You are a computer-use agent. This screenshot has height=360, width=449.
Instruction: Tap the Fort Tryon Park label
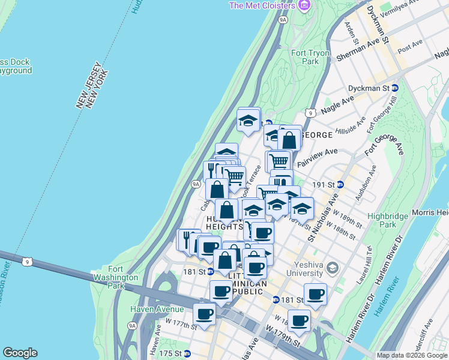pyautogui.click(x=310, y=57)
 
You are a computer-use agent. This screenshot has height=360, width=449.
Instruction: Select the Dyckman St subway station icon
pyautogui.click(x=394, y=88)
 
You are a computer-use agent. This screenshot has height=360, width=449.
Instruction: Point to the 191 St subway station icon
pyautogui.click(x=340, y=184)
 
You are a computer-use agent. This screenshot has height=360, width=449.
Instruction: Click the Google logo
pyautogui.click(x=20, y=353)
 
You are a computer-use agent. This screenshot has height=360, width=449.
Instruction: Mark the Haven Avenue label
pyautogui.click(x=158, y=309)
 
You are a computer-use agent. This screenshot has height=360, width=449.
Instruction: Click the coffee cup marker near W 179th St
pyautogui.click(x=299, y=320)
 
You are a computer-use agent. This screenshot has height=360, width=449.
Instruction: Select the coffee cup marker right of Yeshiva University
pyautogui.click(x=315, y=294)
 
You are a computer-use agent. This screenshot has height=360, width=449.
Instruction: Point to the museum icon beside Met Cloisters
pyautogui.click(x=304, y=5)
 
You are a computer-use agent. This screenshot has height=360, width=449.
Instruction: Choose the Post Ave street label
pyautogui.click(x=411, y=46)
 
